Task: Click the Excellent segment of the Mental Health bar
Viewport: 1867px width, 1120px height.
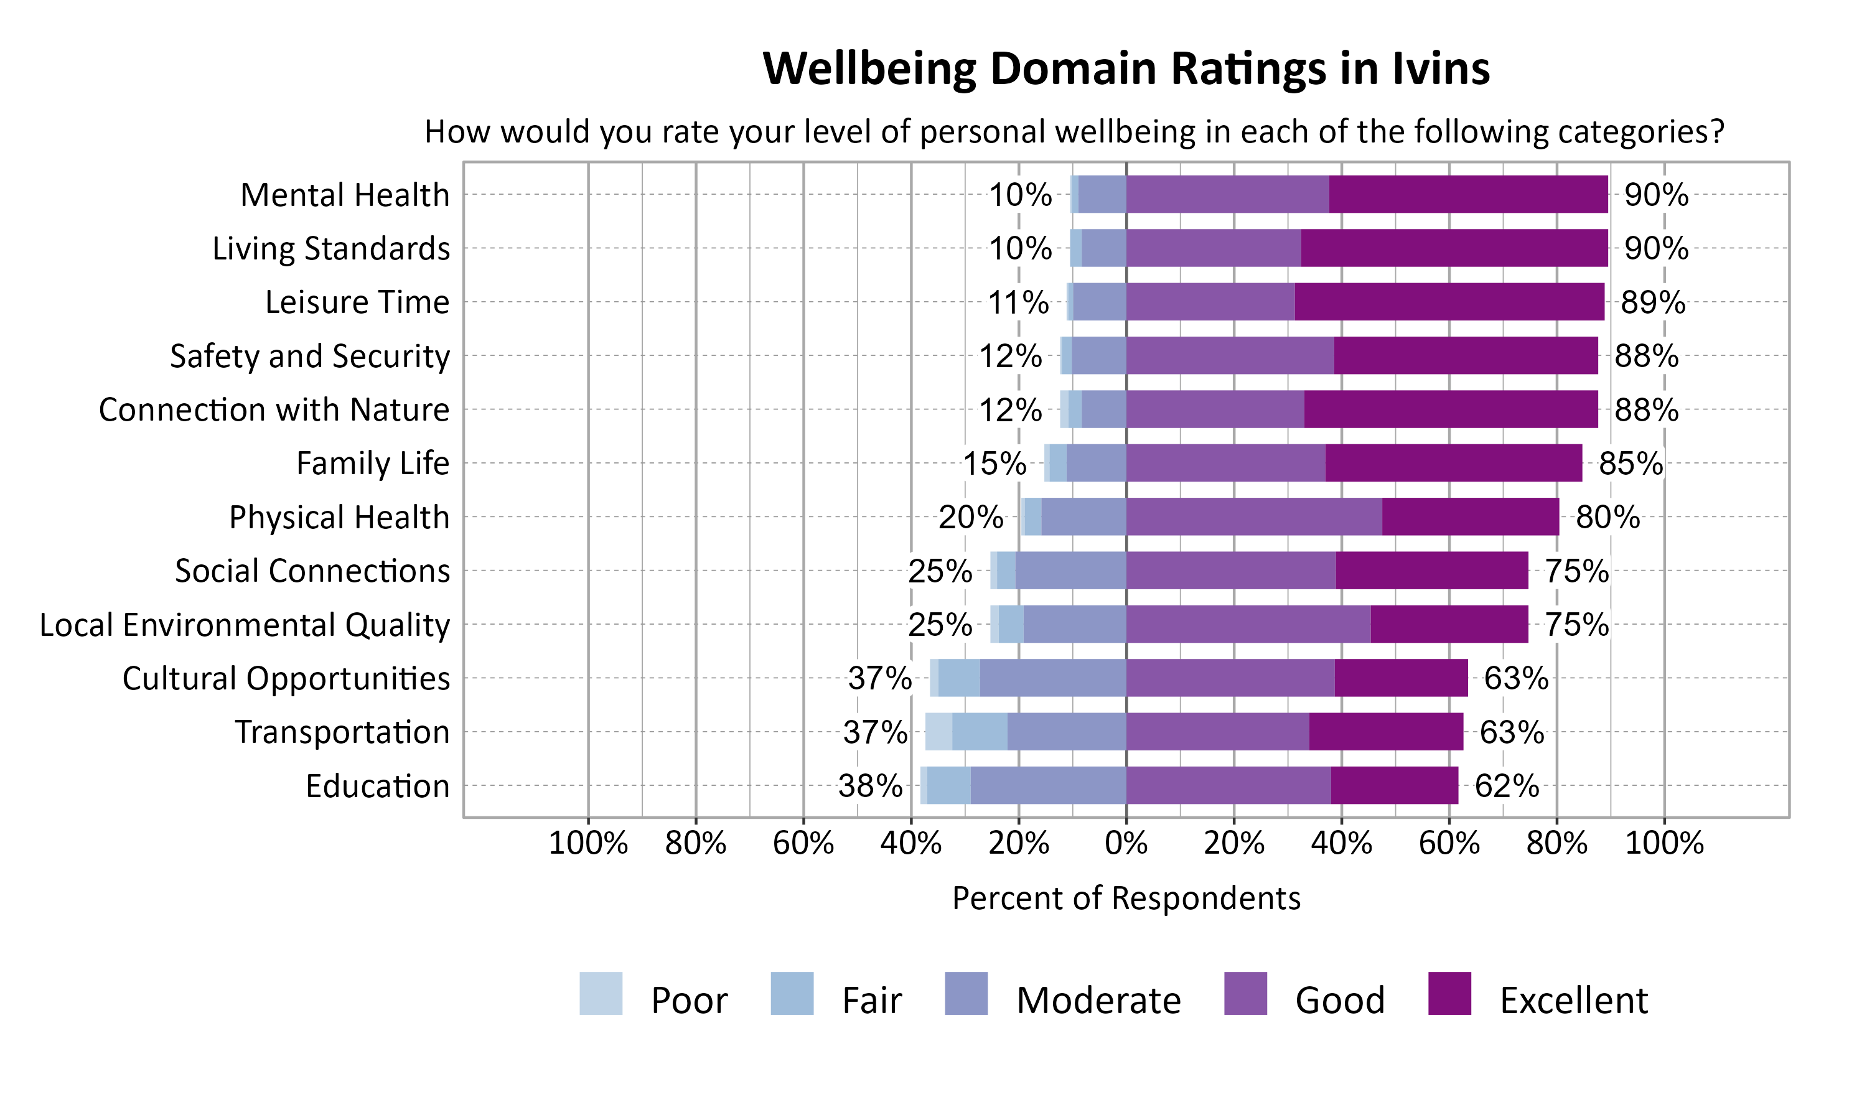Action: point(1468,195)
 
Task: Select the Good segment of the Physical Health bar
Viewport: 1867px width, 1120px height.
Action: point(1253,517)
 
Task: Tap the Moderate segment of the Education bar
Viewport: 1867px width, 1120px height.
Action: point(1047,786)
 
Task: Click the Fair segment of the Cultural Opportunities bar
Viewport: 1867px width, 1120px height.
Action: point(959,678)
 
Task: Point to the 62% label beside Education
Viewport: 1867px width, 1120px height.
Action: point(1506,786)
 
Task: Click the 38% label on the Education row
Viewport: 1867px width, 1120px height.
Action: point(869,786)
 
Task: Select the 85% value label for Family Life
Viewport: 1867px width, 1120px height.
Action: point(1630,464)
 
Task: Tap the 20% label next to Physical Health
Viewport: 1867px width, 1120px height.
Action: point(970,518)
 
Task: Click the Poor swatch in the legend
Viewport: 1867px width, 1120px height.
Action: point(601,993)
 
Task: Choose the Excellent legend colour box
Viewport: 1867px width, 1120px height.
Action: point(1449,993)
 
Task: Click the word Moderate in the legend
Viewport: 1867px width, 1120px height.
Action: point(1098,1001)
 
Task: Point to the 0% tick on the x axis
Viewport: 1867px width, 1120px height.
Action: point(1126,843)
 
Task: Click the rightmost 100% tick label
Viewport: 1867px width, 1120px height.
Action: point(1664,843)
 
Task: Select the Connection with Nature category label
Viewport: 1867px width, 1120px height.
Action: point(274,410)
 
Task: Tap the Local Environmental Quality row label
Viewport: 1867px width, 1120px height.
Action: point(245,625)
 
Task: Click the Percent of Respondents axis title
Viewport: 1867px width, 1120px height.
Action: point(1126,898)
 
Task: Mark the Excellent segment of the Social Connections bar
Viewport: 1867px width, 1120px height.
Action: point(1431,571)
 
